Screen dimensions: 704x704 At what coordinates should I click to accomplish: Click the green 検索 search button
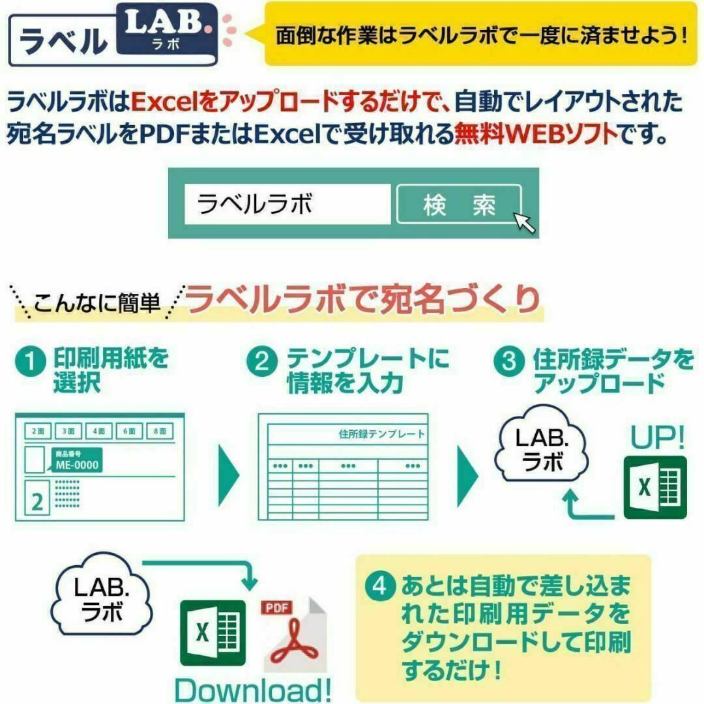coord(459,204)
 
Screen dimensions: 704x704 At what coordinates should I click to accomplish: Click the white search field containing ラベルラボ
coord(287,204)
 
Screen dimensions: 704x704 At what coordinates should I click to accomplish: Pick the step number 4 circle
coord(380,586)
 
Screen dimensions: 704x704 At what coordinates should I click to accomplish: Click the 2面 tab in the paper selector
coord(38,431)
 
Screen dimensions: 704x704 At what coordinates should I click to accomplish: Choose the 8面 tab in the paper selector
coord(160,431)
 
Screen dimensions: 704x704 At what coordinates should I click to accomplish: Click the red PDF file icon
coord(293,634)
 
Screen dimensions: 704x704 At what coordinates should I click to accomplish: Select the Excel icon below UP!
coord(655,488)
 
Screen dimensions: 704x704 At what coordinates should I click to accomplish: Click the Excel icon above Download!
coord(213,633)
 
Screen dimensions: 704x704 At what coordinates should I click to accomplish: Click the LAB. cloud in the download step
coord(102,595)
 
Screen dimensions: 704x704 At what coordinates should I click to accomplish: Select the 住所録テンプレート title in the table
coord(381,433)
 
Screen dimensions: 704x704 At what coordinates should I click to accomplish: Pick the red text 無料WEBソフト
coord(536,134)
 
